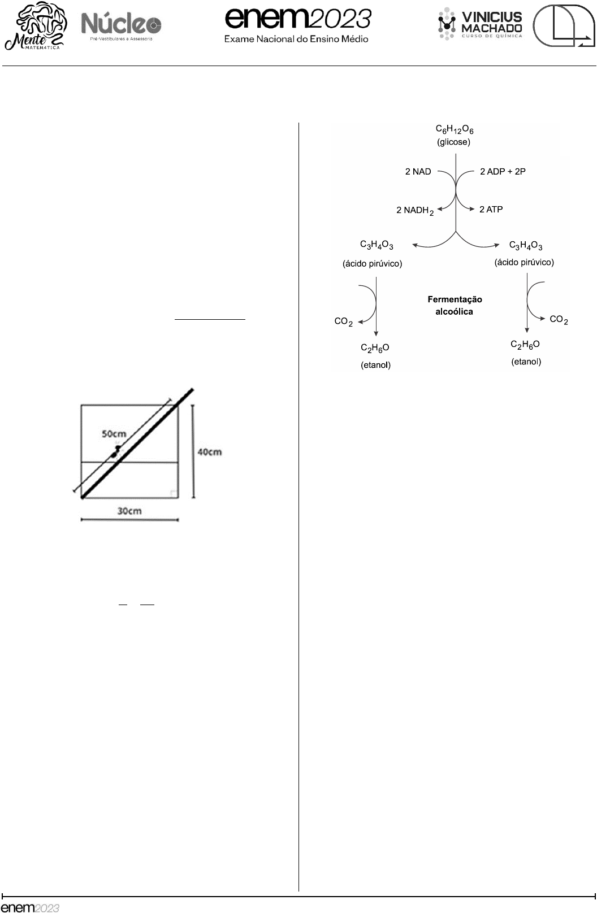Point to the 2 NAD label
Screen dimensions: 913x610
[418, 172]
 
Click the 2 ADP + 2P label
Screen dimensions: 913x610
[503, 172]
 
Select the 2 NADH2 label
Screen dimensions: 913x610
[414, 210]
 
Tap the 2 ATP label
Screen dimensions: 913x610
[491, 210]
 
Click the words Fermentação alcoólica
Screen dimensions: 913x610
[455, 305]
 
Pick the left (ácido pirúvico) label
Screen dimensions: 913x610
[373, 264]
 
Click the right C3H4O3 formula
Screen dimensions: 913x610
[526, 245]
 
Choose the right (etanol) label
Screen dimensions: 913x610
[526, 362]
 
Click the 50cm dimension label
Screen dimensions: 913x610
[114, 434]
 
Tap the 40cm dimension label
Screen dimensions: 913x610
[209, 452]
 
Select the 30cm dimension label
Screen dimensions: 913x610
[129, 511]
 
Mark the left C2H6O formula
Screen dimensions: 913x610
[375, 348]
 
